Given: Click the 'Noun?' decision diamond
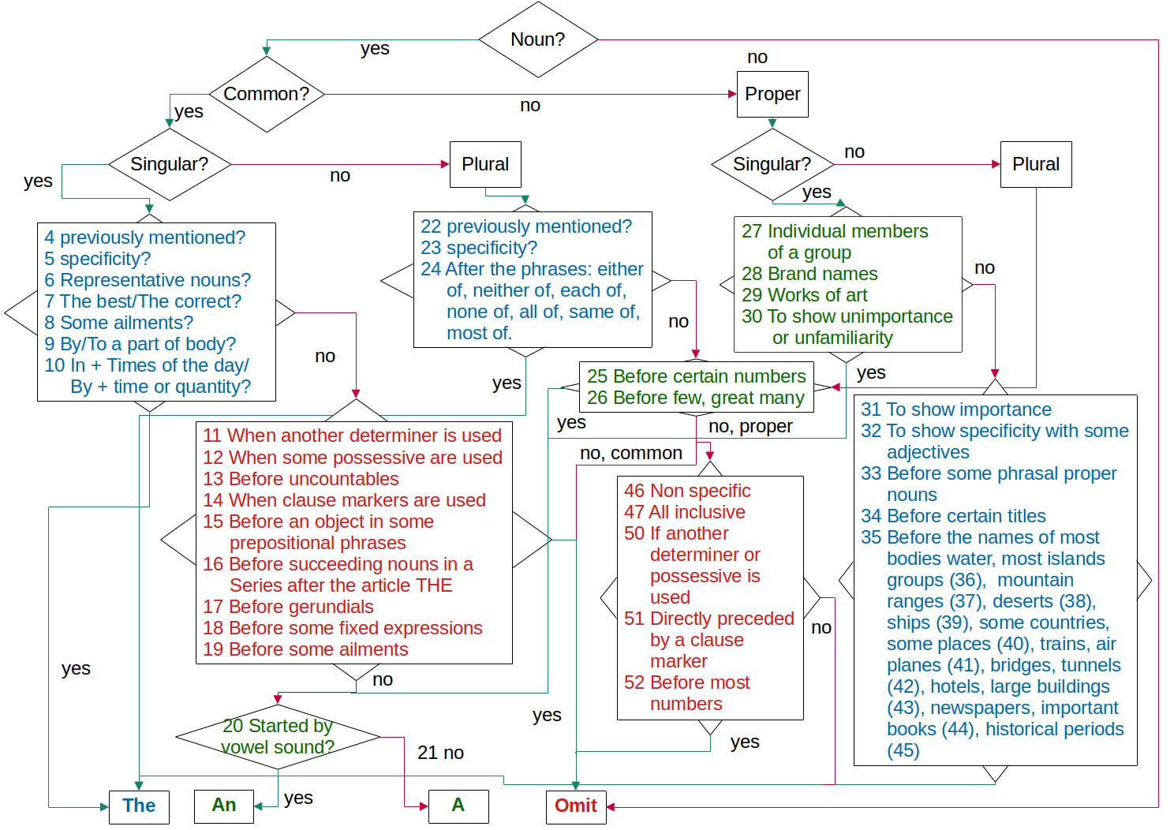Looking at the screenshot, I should [x=537, y=39].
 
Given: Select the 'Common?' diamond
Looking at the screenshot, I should [x=267, y=94].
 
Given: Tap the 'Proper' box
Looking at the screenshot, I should [x=772, y=94].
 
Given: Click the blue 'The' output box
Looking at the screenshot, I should [x=139, y=806].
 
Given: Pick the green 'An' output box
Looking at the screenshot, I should [x=224, y=806].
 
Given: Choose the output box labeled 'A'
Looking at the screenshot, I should [x=458, y=806].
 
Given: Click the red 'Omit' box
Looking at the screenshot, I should [x=576, y=806].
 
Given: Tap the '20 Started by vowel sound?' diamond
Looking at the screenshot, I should [x=278, y=736].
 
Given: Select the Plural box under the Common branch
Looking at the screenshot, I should [x=485, y=164].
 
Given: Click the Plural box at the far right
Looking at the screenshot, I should [x=1036, y=164].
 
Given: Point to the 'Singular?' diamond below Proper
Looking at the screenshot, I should [x=772, y=164].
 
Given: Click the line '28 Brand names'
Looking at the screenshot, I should [x=809, y=274].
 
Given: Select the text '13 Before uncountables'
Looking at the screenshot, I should [x=301, y=479].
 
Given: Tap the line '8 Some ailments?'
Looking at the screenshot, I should [x=118, y=323].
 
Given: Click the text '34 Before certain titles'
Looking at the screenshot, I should [x=953, y=516].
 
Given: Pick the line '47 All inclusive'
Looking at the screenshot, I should [x=684, y=512].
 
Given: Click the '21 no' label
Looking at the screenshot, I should [x=440, y=753].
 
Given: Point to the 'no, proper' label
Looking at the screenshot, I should [x=750, y=427].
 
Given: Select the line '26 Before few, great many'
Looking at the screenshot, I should [x=695, y=398].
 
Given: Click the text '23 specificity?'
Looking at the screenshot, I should [x=478, y=248].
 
